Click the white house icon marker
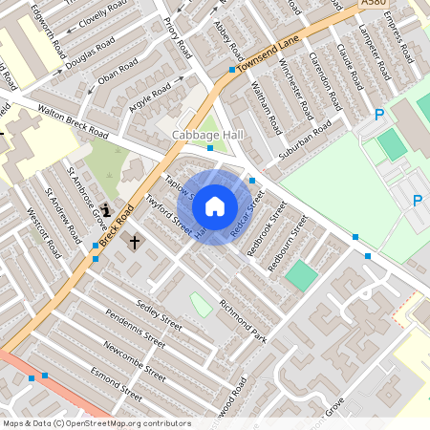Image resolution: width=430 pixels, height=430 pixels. (215, 205)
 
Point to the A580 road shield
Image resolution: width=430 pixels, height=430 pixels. (375, 5)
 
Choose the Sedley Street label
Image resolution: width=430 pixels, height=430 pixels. (159, 313)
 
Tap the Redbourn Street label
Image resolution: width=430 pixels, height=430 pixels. (288, 244)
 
